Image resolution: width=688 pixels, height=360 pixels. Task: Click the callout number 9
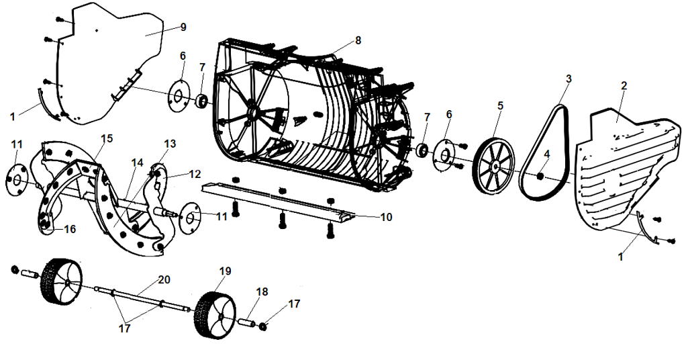pyautogui.click(x=183, y=27)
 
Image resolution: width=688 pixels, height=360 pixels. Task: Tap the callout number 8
pyautogui.click(x=358, y=40)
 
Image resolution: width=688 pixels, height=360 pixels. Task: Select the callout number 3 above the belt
pyautogui.click(x=569, y=79)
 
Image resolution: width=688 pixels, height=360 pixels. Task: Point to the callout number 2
pyautogui.click(x=624, y=86)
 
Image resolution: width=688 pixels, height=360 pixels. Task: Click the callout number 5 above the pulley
pyautogui.click(x=500, y=105)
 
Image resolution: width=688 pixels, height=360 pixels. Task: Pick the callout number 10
pyautogui.click(x=386, y=218)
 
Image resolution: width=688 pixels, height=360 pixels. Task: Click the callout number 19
pyautogui.click(x=225, y=271)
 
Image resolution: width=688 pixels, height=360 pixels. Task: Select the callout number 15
pyautogui.click(x=106, y=138)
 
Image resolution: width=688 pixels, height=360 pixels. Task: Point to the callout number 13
pyautogui.click(x=169, y=144)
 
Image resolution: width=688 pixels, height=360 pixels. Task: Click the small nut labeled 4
pyautogui.click(x=540, y=177)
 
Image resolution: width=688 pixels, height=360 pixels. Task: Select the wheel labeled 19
pyautogui.click(x=213, y=316)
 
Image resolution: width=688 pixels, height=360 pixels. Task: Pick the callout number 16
pyautogui.click(x=70, y=229)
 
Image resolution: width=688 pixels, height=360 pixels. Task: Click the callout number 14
pyautogui.click(x=137, y=163)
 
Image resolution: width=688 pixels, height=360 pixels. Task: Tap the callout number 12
pyautogui.click(x=195, y=174)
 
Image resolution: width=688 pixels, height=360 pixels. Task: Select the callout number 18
pyautogui.click(x=262, y=292)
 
